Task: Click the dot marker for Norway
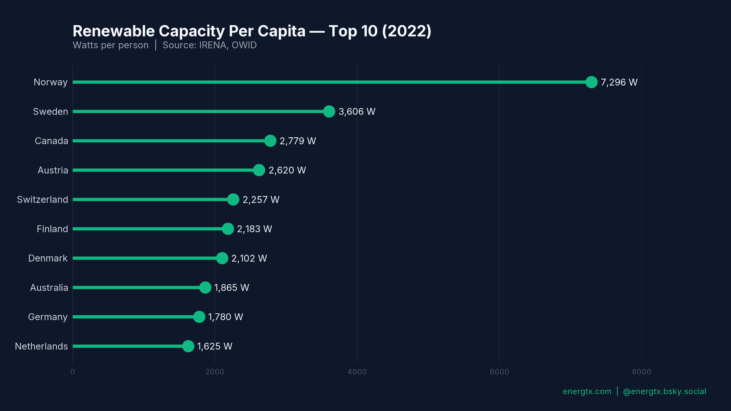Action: [591, 82]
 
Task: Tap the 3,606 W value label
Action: [357, 112]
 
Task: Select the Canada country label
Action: [51, 141]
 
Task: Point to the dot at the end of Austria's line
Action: [259, 170]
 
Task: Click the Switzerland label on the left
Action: [42, 199]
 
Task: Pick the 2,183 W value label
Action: [254, 229]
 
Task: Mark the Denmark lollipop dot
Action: [222, 258]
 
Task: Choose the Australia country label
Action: [49, 288]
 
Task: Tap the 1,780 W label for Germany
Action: [225, 317]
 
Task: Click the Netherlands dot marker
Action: [188, 346]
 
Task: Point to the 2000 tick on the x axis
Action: [215, 372]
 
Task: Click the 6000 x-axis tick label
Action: [499, 372]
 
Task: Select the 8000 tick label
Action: [642, 372]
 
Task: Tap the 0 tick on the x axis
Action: [73, 372]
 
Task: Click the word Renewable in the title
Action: [113, 31]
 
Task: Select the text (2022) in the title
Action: [407, 31]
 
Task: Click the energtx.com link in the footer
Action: [587, 392]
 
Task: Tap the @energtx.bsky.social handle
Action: [664, 392]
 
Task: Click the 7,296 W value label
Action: [619, 82]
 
